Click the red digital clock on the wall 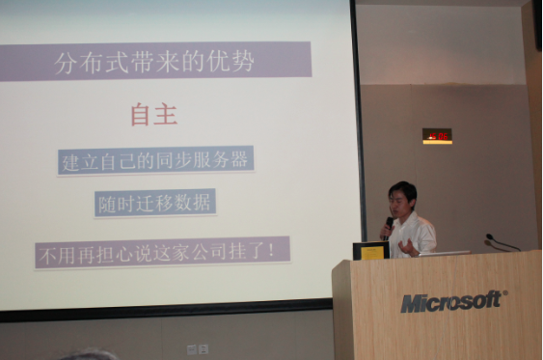pos(437,136)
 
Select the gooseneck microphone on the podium pos(501,242)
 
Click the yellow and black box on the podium pos(370,251)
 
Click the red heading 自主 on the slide pos(153,116)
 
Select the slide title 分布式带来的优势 pos(155,61)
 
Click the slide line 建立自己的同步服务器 pos(154,161)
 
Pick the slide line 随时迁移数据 pos(154,204)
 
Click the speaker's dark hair pos(402,187)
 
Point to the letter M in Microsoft pos(411,304)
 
